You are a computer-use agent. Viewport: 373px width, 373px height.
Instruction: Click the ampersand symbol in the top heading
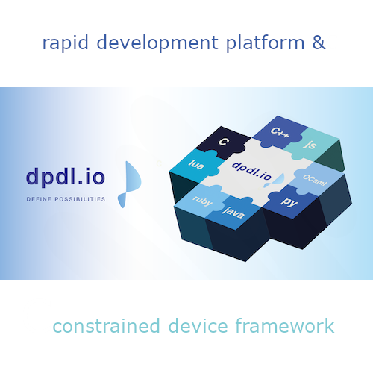pos(318,43)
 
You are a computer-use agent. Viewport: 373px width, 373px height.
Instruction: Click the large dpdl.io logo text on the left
pos(66,177)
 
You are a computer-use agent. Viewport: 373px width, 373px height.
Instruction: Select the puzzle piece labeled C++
pos(279,133)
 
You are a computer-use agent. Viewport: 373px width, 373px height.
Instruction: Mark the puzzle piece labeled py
pos(285,202)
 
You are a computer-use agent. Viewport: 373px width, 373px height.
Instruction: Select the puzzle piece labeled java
pos(233,213)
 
